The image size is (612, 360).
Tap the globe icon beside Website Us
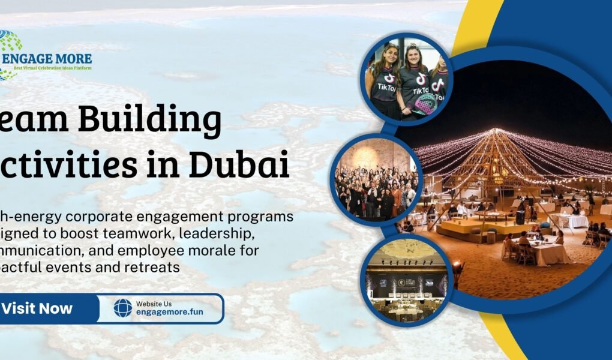[x=122, y=308]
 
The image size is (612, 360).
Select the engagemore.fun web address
[x=169, y=313]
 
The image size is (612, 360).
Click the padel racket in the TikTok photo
[x=427, y=102]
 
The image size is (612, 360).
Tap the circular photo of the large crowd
[x=377, y=179]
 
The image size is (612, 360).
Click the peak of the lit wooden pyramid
[x=496, y=131]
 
